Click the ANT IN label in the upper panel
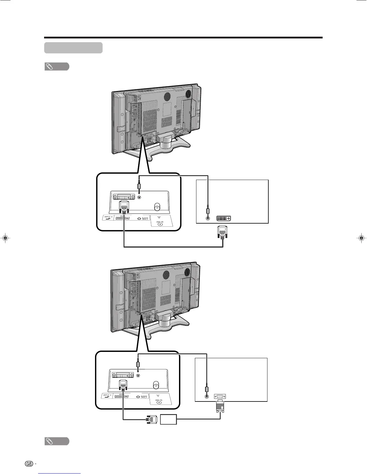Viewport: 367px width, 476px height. [x=160, y=222]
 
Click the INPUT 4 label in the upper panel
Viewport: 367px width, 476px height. [x=108, y=216]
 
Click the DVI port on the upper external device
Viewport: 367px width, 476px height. [x=223, y=218]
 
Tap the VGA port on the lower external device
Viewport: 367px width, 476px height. [x=220, y=396]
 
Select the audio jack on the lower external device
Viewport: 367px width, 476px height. [x=206, y=396]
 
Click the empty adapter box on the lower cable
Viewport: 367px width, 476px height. [x=168, y=419]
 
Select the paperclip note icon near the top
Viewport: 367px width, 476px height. [x=57, y=66]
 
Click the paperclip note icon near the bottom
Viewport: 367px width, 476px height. [x=57, y=441]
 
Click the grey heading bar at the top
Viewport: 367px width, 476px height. [x=73, y=48]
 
